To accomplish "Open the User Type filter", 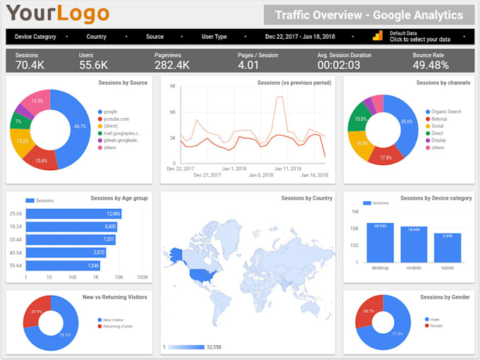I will tap(215, 36).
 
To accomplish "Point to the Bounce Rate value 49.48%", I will tap(431, 66).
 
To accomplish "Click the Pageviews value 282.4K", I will tap(172, 66).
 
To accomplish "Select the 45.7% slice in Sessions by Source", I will tap(71, 127).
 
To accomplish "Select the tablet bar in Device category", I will tap(448, 247).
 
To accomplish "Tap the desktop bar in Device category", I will tap(380, 242).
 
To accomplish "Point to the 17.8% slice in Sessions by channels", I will tap(385, 157).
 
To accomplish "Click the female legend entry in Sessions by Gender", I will tap(436, 325).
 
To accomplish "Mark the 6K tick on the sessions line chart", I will tap(172, 112).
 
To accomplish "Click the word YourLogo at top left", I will tap(58, 13).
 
